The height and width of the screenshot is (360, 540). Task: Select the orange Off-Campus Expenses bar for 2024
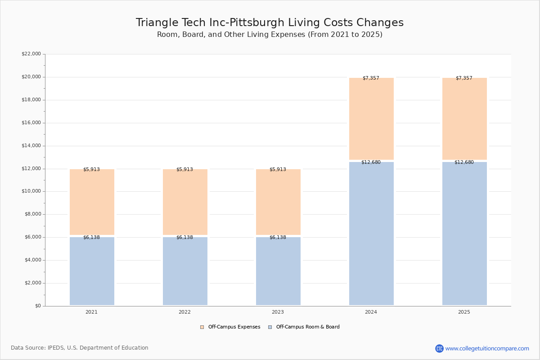(371, 119)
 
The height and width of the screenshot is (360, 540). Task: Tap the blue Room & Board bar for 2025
(464, 234)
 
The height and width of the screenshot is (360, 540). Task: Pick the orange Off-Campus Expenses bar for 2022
(185, 202)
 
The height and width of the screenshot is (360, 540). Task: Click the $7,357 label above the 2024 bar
(371, 78)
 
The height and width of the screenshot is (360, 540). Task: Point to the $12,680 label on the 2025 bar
(464, 162)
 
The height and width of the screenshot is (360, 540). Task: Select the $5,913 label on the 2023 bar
(278, 169)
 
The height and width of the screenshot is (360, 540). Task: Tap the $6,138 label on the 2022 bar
(184, 237)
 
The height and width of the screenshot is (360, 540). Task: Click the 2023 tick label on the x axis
(278, 312)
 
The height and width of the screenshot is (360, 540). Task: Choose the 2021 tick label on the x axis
(91, 312)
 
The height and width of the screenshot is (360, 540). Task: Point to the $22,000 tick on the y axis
(31, 54)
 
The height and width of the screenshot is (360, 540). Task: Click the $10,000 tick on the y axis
(31, 191)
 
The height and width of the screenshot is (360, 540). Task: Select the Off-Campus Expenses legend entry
(230, 327)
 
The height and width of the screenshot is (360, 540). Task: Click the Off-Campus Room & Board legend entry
(304, 327)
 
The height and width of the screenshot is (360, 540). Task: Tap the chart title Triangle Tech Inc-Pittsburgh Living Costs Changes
(270, 22)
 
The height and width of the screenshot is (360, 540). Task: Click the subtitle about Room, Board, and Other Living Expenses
(270, 35)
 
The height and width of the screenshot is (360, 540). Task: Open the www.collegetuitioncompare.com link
(487, 348)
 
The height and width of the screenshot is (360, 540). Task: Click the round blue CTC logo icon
(439, 348)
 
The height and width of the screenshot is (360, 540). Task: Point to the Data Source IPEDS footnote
(80, 348)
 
